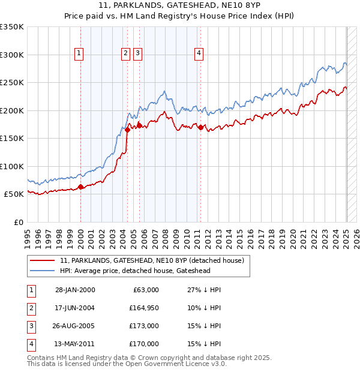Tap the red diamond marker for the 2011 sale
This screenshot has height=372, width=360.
[200, 127]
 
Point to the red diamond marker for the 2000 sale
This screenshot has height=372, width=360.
[80, 187]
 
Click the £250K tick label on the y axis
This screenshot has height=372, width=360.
[12, 83]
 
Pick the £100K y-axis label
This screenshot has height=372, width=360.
[12, 166]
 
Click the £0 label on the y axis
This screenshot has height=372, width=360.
[19, 222]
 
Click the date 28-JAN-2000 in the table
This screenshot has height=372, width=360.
[75, 290]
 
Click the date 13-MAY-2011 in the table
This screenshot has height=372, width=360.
[75, 344]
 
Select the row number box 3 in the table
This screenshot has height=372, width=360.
[30, 326]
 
